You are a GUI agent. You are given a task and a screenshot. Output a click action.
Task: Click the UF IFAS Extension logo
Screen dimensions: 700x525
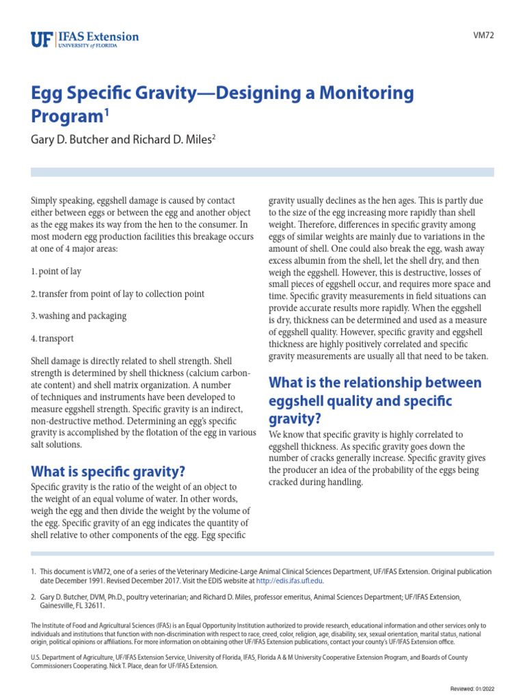pyautogui.click(x=85, y=39)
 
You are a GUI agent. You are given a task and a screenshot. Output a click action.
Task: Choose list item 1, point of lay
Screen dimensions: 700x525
pyautogui.click(x=57, y=271)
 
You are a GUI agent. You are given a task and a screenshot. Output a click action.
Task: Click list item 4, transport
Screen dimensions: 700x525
pyautogui.click(x=53, y=338)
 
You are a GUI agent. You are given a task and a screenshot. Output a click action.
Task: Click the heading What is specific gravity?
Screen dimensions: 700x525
pyautogui.click(x=109, y=471)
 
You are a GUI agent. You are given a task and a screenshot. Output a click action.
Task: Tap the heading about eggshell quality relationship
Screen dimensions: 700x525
pyautogui.click(x=375, y=400)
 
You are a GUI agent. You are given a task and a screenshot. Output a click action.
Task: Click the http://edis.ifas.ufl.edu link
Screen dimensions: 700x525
pyautogui.click(x=289, y=581)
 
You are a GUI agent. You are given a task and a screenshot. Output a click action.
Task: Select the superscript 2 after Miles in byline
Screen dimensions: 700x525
pyautogui.click(x=213, y=136)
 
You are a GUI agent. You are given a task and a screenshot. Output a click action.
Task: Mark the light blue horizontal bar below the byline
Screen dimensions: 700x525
pyautogui.click(x=262, y=172)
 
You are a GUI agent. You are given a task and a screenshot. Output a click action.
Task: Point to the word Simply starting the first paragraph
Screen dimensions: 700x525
pyautogui.click(x=45, y=201)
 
